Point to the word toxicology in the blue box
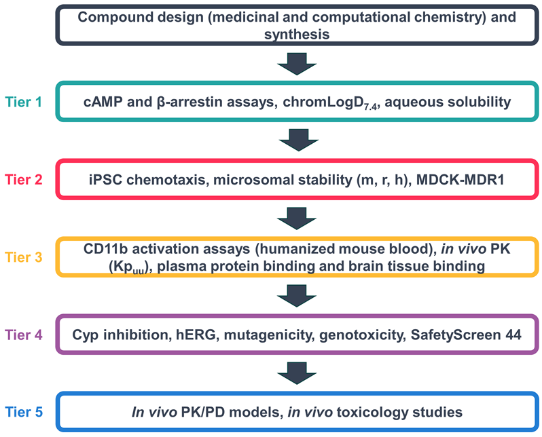[363, 411]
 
